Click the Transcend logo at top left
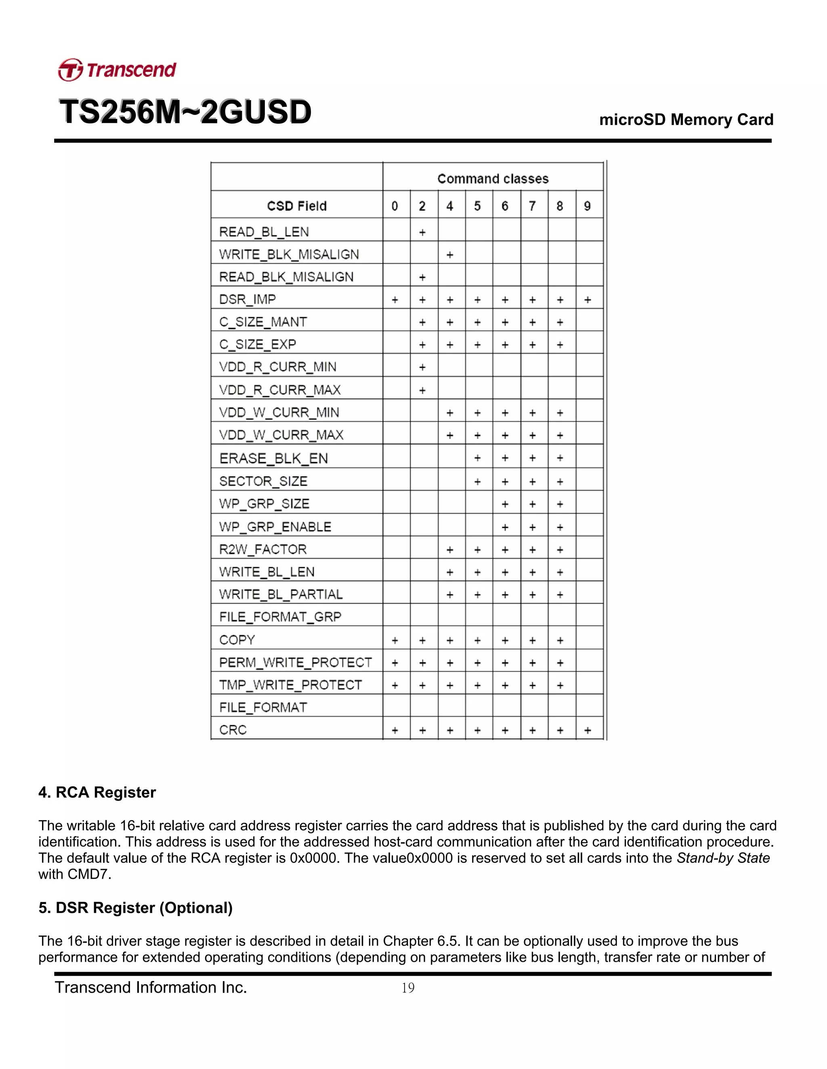tap(117, 69)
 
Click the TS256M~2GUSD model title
tap(185, 112)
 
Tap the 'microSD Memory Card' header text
tap(686, 119)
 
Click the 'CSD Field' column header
tap(296, 206)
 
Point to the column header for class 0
tap(395, 206)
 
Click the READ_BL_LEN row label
tap(264, 232)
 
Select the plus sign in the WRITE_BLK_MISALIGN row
tap(450, 255)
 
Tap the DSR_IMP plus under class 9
tap(588, 300)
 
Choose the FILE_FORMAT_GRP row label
tap(280, 617)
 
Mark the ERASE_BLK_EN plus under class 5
tap(477, 458)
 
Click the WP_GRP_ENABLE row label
tap(275, 527)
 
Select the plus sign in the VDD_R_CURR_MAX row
tap(422, 390)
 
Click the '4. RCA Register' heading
tap(97, 792)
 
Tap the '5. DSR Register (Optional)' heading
tap(135, 908)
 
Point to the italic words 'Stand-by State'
tap(723, 858)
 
